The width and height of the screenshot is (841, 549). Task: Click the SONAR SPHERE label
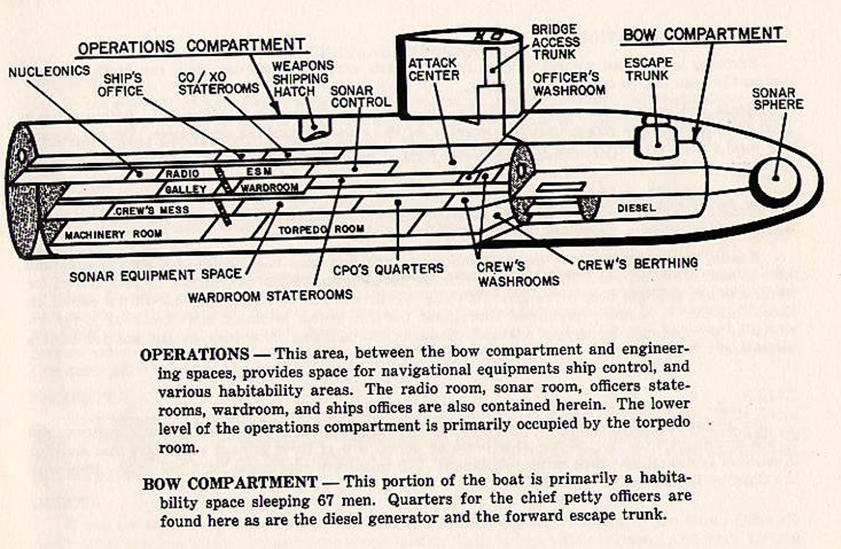778,99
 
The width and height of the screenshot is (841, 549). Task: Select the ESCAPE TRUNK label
648,69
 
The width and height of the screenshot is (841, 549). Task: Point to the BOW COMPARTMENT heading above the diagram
702,34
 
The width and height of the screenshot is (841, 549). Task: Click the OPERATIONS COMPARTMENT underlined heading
191,46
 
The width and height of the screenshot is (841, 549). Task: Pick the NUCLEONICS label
49,72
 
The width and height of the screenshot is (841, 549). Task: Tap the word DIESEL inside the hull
636,208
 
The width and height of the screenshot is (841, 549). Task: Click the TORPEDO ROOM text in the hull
321,229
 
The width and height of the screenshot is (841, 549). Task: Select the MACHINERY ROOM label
113,234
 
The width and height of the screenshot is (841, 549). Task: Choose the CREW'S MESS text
152,210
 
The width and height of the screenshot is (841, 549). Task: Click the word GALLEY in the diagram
185,189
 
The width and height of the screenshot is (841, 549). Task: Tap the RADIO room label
182,174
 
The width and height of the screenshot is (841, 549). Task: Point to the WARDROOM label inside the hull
270,188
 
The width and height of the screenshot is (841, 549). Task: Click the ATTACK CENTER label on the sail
434,69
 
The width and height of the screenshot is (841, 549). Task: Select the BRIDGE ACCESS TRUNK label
556,42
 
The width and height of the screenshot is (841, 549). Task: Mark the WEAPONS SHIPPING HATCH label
303,78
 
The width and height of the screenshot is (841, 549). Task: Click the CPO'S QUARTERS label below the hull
388,269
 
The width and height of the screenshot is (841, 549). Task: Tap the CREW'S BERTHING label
637,264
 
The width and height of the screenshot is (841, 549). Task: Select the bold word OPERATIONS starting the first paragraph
195,355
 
